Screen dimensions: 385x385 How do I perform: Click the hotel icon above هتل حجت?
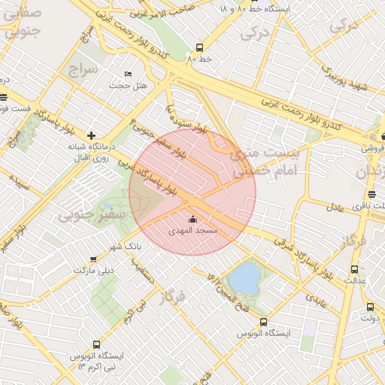[x=127, y=74]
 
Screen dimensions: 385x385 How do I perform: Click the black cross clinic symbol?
[x=91, y=135]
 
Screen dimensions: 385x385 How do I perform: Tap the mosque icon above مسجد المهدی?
[x=194, y=220]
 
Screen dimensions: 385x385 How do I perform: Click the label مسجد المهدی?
[x=194, y=231]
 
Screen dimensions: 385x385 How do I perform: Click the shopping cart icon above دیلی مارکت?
[x=93, y=259]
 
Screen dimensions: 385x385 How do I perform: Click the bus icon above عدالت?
[x=354, y=269]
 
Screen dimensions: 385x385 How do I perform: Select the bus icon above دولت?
[x=369, y=307]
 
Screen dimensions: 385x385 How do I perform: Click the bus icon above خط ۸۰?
[x=199, y=47]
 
